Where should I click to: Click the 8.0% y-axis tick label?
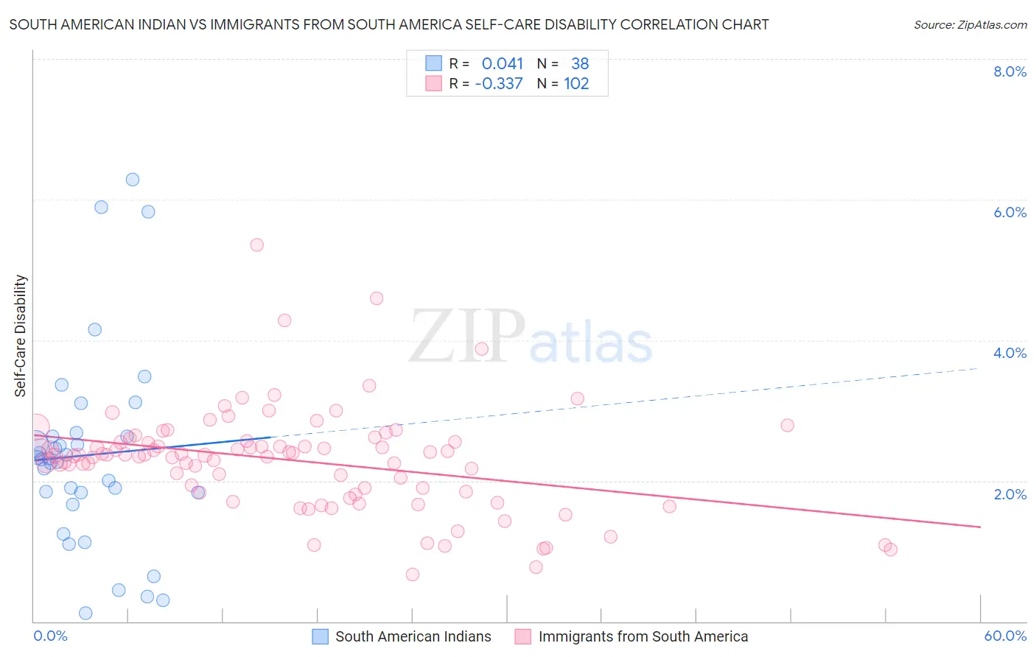pyautogui.click(x=1009, y=71)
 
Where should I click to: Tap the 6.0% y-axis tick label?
pyautogui.click(x=1009, y=212)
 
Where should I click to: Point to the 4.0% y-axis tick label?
pyautogui.click(x=1009, y=353)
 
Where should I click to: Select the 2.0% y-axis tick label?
pyautogui.click(x=1009, y=494)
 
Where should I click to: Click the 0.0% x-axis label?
pyautogui.click(x=50, y=636)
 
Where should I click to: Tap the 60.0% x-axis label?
pyautogui.click(x=1005, y=636)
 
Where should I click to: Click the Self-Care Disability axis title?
pyautogui.click(x=21, y=336)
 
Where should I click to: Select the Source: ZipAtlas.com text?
pyautogui.click(x=970, y=25)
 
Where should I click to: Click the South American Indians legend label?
pyautogui.click(x=413, y=637)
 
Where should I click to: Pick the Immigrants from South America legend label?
pyautogui.click(x=643, y=637)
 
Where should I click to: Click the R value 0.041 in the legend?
pyautogui.click(x=502, y=64)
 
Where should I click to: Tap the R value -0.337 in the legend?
pyautogui.click(x=499, y=84)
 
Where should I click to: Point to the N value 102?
pyautogui.click(x=576, y=84)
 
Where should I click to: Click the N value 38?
pyautogui.click(x=580, y=64)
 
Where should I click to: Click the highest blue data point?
pyautogui.click(x=133, y=180)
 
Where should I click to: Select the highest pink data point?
pyautogui.click(x=257, y=245)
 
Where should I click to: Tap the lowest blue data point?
pyautogui.click(x=85, y=614)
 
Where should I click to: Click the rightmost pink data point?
pyautogui.click(x=890, y=549)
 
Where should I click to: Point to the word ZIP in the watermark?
pyautogui.click(x=467, y=337)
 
